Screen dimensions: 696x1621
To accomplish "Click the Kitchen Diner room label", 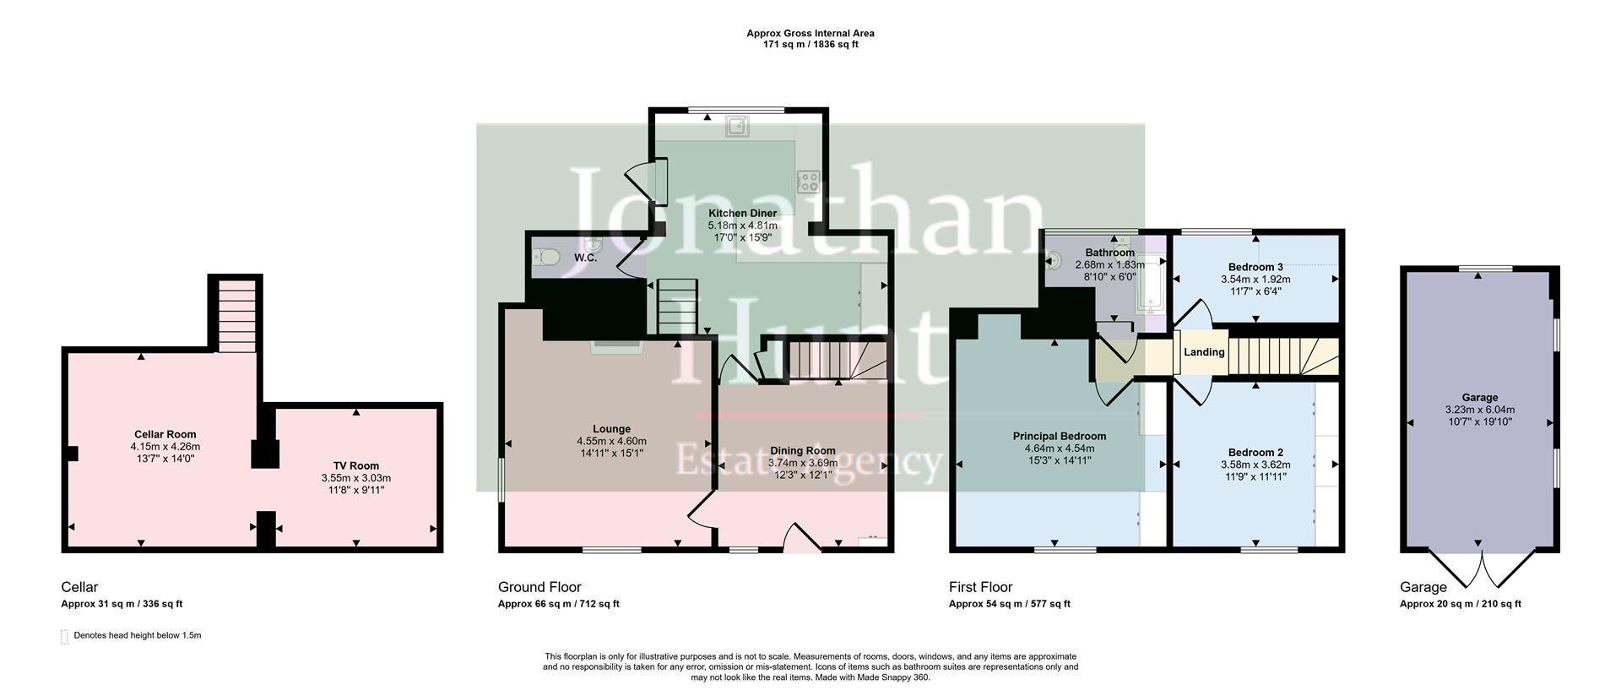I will pos(742,213).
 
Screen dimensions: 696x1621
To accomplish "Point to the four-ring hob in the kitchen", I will pos(808,181).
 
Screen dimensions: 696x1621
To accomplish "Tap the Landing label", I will pos(1204,352).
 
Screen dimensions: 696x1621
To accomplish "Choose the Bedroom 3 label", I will pos(1255,267).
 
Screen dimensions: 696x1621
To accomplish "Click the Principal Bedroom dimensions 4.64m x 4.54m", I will pos(1059,449).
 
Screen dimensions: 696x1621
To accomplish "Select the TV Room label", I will pos(355,465).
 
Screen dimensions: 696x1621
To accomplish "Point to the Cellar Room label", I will pos(165,435).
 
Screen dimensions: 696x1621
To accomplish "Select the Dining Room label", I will pos(802,451).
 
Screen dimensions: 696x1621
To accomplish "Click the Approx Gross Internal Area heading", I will pos(810,34).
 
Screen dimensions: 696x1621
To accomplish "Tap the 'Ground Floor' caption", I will pos(539,587).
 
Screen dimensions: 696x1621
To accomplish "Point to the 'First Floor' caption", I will pos(980,587).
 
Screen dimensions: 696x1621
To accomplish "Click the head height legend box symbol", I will pos(64,637).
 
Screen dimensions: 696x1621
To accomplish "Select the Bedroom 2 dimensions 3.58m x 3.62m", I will pos(1255,465).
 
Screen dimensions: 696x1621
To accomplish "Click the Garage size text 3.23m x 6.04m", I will pos(1479,410).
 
